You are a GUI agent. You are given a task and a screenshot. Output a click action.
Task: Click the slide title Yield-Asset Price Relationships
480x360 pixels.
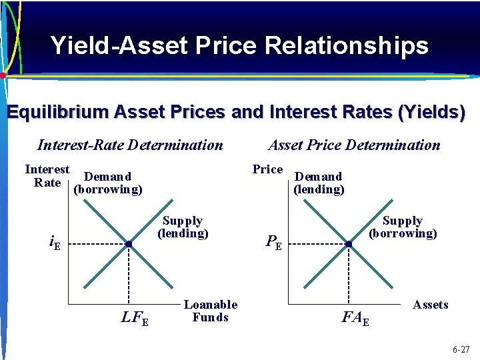(x=239, y=45)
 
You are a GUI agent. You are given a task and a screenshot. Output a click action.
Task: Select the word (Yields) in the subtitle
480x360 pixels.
(x=431, y=112)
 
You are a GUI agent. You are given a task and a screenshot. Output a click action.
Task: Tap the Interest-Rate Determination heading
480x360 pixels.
(x=130, y=145)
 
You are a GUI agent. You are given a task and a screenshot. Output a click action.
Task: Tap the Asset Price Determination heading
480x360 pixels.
(x=354, y=145)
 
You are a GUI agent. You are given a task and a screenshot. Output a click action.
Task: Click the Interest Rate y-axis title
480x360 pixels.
(x=47, y=176)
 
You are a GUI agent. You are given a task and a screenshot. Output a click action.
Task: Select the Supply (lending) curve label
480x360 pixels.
(x=183, y=227)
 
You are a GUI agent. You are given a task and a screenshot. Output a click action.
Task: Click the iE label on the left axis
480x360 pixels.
(x=55, y=244)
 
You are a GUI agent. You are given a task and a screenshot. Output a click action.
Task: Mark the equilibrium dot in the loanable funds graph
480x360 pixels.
(x=129, y=245)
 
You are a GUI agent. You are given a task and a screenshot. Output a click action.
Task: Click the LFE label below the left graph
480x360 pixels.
(x=135, y=319)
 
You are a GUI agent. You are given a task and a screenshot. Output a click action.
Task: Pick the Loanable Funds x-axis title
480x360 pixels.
(x=210, y=311)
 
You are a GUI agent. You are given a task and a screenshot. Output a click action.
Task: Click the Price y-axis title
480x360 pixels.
(x=267, y=169)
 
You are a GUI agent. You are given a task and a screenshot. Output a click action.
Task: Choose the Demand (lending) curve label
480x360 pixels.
(x=319, y=183)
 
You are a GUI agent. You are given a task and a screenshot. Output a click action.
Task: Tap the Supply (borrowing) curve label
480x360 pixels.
(x=403, y=227)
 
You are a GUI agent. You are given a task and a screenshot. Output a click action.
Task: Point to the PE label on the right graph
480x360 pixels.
(x=274, y=244)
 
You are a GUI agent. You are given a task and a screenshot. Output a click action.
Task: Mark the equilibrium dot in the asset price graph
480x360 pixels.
(x=349, y=245)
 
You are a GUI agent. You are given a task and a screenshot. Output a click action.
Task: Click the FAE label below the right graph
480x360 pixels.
(x=355, y=319)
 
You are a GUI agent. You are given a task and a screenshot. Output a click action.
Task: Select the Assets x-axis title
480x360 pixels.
(x=430, y=305)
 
